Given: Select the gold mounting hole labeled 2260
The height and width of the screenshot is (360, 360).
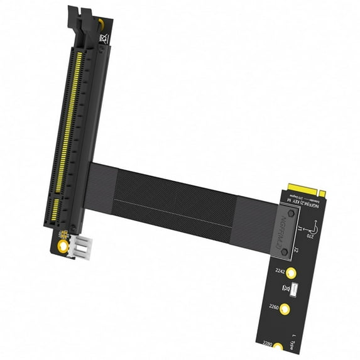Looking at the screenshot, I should pos(285,308).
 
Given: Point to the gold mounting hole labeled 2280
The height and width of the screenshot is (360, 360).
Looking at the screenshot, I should pos(278,347).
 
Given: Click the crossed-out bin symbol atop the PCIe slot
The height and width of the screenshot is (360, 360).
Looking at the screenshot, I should pos(104,40).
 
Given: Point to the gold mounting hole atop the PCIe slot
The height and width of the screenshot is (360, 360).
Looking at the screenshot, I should pos(101,24).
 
